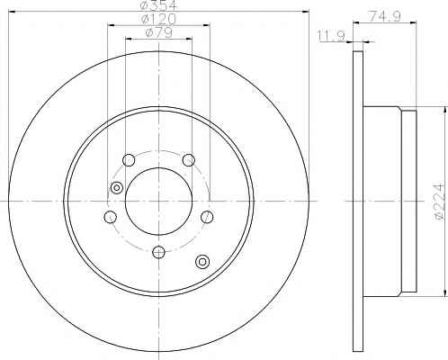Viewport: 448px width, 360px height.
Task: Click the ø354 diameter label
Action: (x=159, y=5)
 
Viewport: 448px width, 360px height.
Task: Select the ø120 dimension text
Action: (x=159, y=20)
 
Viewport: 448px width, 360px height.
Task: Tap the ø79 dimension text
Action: (x=159, y=32)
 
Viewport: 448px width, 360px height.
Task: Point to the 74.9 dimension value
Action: (x=385, y=16)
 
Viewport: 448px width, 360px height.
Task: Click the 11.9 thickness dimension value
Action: (x=331, y=36)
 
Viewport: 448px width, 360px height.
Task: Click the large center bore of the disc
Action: (x=158, y=201)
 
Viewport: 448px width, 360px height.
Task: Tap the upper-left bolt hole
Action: (x=129, y=160)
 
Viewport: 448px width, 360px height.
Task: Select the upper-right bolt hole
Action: (x=189, y=160)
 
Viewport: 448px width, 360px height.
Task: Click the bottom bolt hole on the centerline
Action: (x=158, y=252)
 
